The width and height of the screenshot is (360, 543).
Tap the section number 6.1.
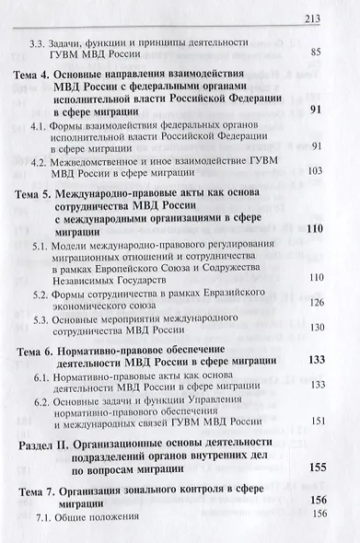(42, 382)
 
